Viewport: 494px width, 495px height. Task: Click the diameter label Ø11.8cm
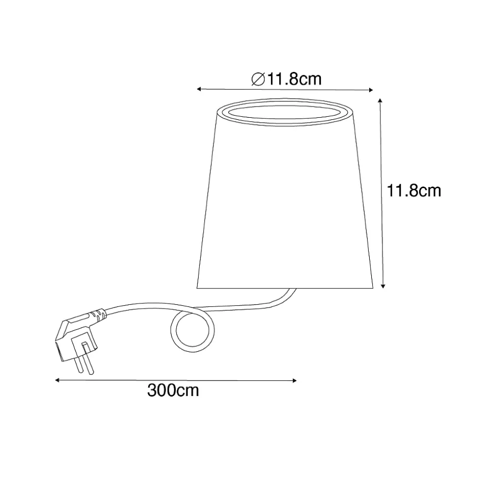tap(286, 79)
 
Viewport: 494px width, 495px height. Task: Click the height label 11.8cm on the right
tap(414, 191)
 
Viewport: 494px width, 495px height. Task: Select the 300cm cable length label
tap(173, 390)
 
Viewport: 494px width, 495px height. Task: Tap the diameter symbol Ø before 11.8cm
tap(258, 79)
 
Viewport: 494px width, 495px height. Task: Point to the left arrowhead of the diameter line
tap(199, 89)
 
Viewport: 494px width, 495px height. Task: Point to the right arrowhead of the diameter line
tap(371, 90)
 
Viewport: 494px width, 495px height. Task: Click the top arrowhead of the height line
tap(380, 101)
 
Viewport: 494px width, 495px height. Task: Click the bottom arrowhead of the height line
tap(382, 286)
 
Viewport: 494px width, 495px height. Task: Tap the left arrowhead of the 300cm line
tap(57, 380)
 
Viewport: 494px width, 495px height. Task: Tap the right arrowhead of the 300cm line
tap(295, 381)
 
